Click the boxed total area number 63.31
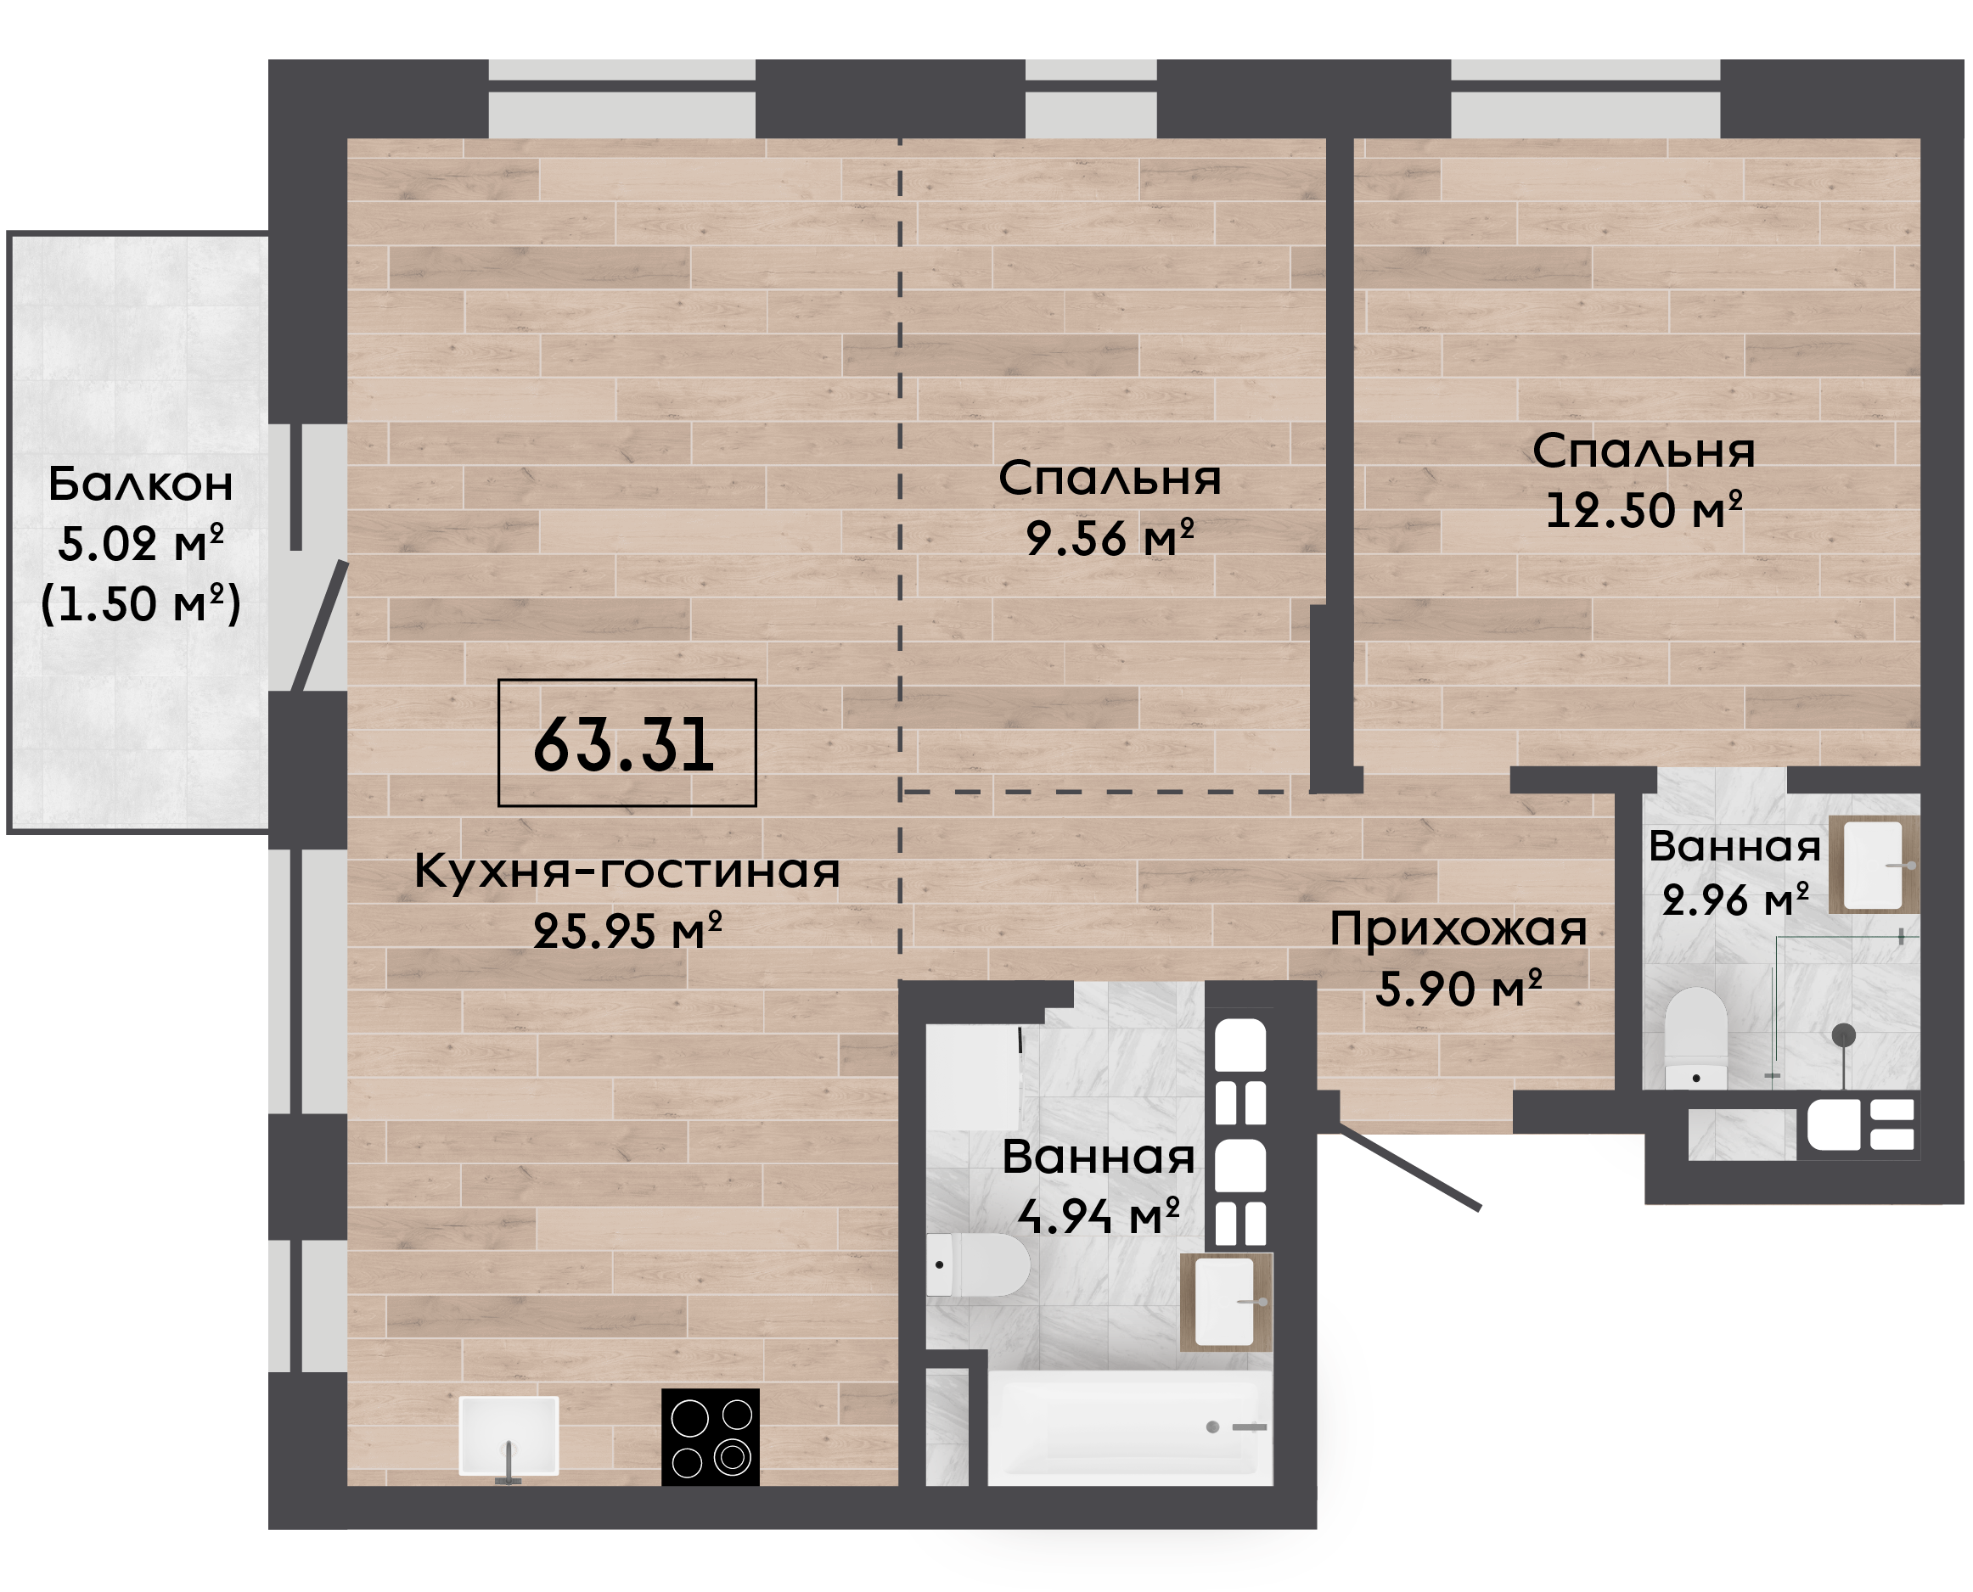pos(624,743)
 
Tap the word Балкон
pos(140,485)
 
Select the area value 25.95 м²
pos(627,931)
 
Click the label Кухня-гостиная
pos(627,871)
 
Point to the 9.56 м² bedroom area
pos(1110,537)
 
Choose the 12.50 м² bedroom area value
pos(1644,510)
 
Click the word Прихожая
pos(1459,930)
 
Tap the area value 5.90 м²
pos(1459,989)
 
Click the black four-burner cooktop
pos(711,1437)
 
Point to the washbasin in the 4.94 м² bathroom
pos(1227,1303)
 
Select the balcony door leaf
pos(319,626)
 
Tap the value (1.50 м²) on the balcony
pos(141,603)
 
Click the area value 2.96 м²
pos(1735,900)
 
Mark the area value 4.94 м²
pos(1099,1216)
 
